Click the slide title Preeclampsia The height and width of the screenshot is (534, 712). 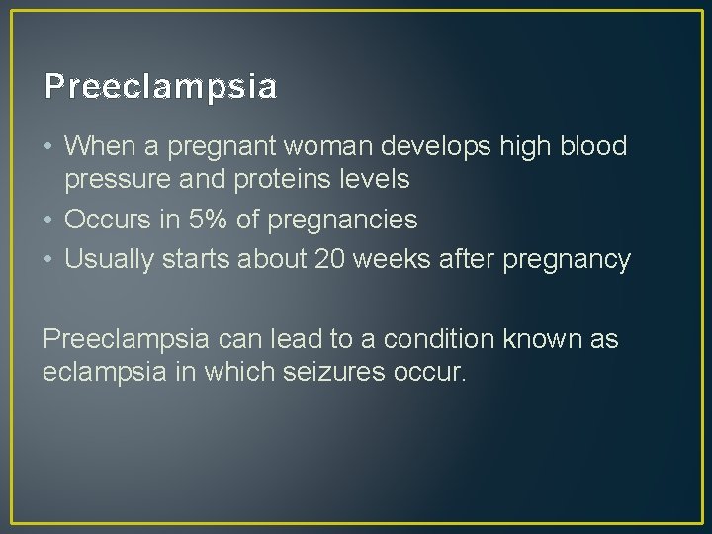pos(160,87)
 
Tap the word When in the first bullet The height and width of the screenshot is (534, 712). pos(95,146)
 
